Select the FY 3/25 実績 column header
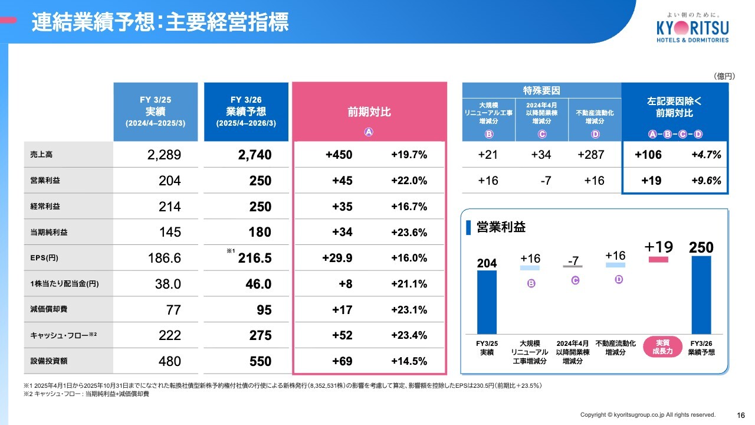pyautogui.click(x=155, y=112)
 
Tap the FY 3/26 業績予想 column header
pyautogui.click(x=246, y=112)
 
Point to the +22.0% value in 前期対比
pyautogui.click(x=409, y=181)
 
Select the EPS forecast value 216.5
pyautogui.click(x=255, y=258)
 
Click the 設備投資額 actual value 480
pyautogui.click(x=169, y=361)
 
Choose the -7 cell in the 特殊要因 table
pyautogui.click(x=546, y=181)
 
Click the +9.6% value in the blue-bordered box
pyautogui.click(x=706, y=181)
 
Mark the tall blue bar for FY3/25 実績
pyautogui.click(x=487, y=302)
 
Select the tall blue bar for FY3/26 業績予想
pyautogui.click(x=701, y=295)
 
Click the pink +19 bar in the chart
pyautogui.click(x=658, y=259)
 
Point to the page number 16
pyautogui.click(x=741, y=414)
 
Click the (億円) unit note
pyautogui.click(x=724, y=76)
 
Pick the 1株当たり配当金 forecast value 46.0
pyautogui.click(x=258, y=284)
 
